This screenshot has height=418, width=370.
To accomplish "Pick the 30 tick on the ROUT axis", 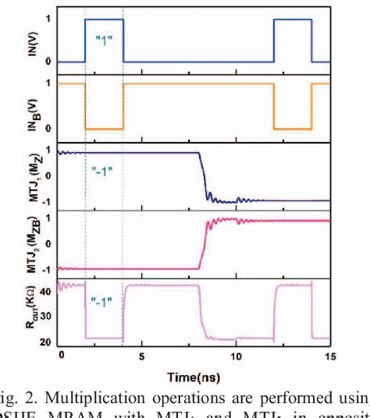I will point(45,316).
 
